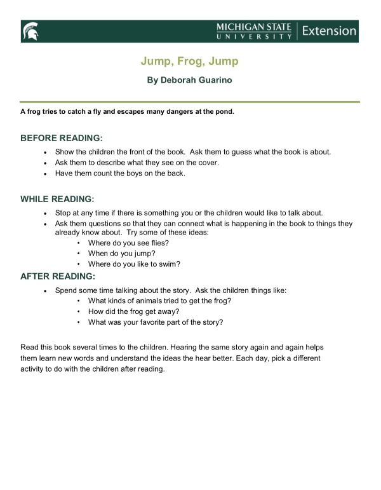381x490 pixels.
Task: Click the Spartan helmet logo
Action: click(30, 31)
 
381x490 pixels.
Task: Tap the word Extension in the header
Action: click(329, 31)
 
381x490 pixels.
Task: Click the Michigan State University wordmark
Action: click(254, 31)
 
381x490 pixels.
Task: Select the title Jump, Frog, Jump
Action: click(189, 62)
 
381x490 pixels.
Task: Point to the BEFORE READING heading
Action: click(62, 138)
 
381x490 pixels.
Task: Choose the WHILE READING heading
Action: click(57, 199)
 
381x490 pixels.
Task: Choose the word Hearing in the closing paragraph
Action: click(180, 348)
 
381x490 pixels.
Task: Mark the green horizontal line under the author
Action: click(189, 102)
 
